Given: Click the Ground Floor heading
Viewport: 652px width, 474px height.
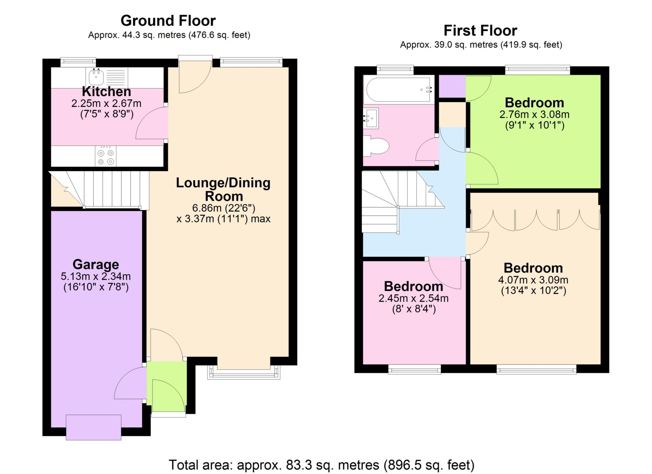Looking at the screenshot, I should coord(168,21).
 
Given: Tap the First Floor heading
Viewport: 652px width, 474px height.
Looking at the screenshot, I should coord(480,31).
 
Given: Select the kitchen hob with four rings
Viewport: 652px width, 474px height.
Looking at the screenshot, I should coord(106,156).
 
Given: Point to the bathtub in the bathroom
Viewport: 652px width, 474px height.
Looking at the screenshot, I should coord(399,90).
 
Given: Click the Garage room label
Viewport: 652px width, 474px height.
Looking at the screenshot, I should coord(96,265).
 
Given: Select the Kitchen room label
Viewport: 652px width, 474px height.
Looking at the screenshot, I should coord(106,92).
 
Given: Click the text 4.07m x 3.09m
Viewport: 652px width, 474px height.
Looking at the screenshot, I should coord(533,280).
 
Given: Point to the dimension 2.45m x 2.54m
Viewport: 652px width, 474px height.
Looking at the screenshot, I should coord(413,298).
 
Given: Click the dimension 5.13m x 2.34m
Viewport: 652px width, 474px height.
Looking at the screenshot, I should coord(96,276).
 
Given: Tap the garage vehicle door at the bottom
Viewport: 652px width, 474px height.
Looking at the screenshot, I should coord(94,427).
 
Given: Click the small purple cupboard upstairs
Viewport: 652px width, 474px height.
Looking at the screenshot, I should coord(452,86).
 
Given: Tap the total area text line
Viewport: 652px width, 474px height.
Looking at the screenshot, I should coord(322,465).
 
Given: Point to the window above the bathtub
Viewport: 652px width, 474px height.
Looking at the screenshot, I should coord(395,70).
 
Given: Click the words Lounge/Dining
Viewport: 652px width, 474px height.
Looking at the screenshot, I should coord(223,183).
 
